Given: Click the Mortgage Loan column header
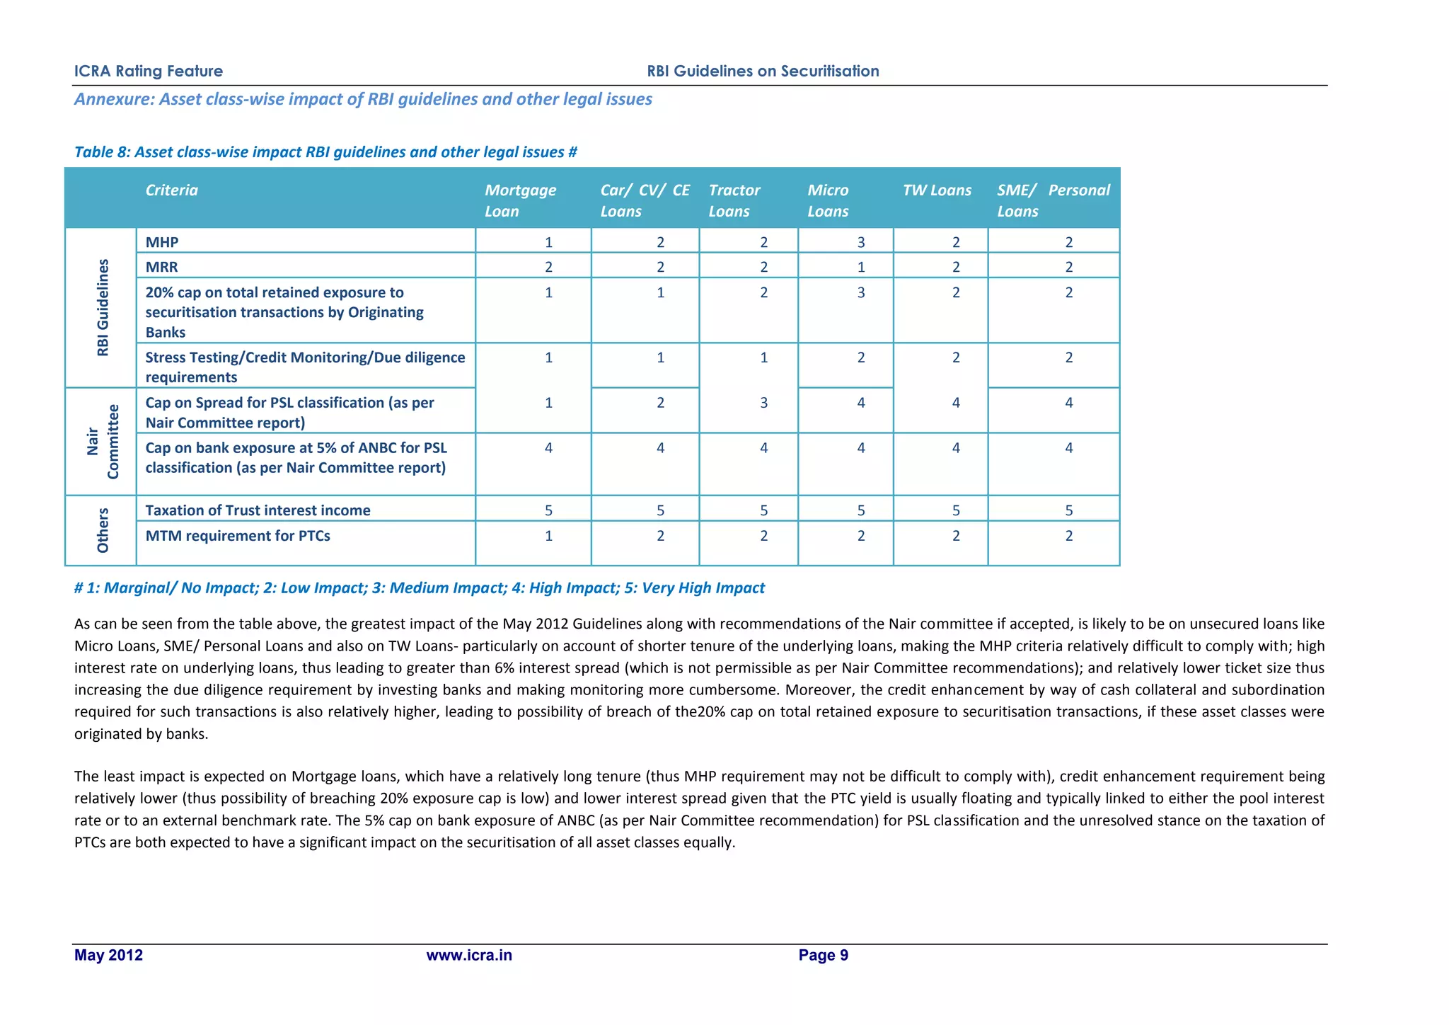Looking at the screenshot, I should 520,200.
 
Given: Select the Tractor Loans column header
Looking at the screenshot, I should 734,200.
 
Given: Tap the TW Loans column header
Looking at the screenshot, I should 937,190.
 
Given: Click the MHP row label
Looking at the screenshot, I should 162,242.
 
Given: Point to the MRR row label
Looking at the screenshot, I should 161,267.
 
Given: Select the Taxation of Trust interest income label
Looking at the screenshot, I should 258,510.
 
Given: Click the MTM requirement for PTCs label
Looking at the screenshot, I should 238,536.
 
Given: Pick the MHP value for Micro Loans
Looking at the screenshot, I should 861,242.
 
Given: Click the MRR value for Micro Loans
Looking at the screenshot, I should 861,267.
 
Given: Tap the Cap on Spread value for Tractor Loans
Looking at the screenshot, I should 763,403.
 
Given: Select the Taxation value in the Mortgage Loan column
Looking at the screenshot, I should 548,510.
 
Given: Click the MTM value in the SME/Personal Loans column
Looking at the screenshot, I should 1068,536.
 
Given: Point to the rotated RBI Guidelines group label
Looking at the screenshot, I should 103,307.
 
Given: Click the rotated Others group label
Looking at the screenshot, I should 103,530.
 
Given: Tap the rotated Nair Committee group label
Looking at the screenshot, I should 103,442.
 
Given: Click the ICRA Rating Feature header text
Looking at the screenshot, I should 149,71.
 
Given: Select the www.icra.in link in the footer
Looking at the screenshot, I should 469,955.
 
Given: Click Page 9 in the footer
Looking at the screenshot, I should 823,955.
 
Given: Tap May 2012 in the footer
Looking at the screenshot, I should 108,955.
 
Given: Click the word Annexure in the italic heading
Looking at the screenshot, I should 114,99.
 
